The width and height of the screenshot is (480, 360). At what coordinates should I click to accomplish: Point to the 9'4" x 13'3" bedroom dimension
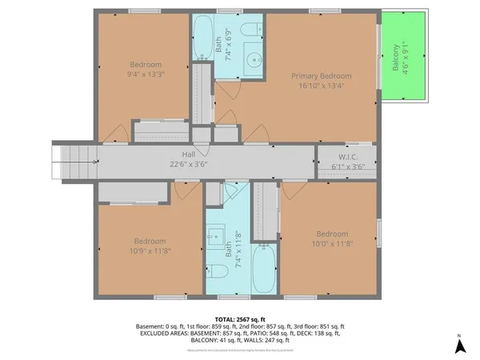[x=146, y=75]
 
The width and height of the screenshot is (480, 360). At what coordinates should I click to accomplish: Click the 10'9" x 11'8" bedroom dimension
[x=150, y=251]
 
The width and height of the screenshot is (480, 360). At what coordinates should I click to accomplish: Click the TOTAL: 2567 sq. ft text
[x=239, y=318]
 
